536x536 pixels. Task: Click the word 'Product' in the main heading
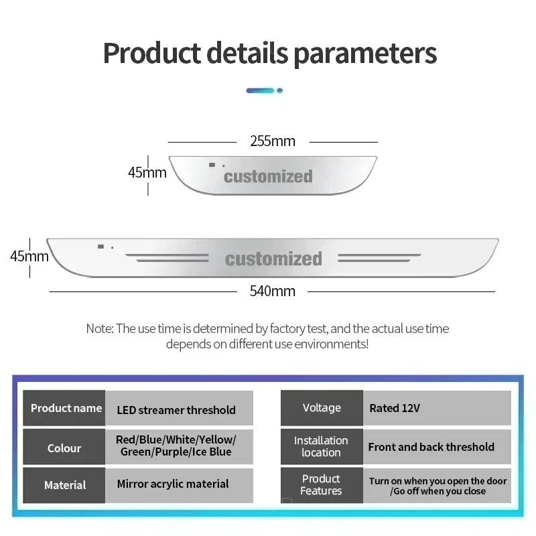click(152, 54)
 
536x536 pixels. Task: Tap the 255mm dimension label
click(273, 141)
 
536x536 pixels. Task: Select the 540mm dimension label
click(272, 291)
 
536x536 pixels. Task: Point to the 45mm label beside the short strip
click(147, 172)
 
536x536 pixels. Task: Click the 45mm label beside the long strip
click(29, 256)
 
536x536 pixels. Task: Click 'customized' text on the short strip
click(268, 176)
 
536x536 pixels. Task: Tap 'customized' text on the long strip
click(273, 259)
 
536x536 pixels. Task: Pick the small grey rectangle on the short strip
click(212, 165)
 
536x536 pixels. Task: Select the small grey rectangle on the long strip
click(101, 247)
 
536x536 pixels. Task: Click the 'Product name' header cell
click(64, 408)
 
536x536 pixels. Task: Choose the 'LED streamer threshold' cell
click(179, 408)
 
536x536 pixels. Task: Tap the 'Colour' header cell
click(64, 447)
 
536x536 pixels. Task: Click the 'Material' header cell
click(64, 485)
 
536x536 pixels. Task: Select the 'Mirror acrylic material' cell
click(179, 485)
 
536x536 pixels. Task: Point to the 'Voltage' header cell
click(322, 408)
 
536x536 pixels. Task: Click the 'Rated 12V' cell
click(437, 408)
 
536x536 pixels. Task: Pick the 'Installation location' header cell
click(322, 447)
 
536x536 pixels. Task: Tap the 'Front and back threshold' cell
click(437, 447)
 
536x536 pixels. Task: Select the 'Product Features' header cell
click(322, 485)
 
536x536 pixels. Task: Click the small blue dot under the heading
click(279, 90)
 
